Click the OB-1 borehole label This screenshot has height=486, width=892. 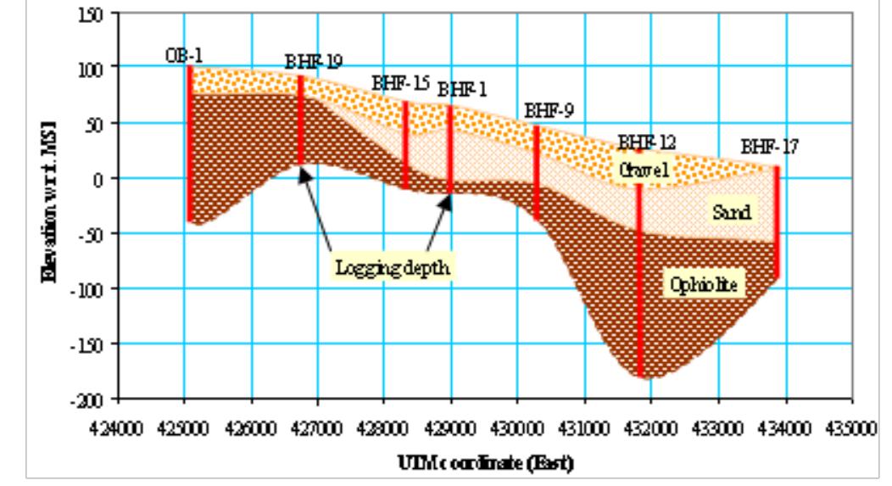point(183,56)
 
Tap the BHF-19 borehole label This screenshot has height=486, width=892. point(314,61)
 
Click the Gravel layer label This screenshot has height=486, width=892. point(644,170)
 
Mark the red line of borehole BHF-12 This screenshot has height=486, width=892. point(640,280)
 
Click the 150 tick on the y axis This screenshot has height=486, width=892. point(103,14)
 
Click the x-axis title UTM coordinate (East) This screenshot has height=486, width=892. point(484,462)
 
